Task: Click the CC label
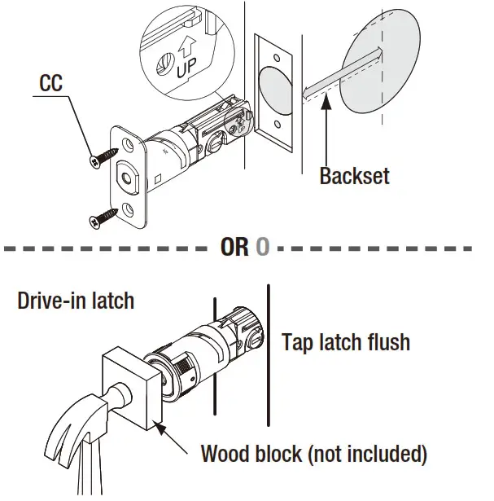point(50,83)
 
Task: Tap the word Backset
point(354,175)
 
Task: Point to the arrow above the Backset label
point(326,130)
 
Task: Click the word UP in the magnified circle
point(186,67)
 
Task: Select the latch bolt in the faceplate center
point(129,177)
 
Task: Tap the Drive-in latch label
point(75,301)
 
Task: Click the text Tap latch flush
point(345,341)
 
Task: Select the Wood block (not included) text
point(313,453)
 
